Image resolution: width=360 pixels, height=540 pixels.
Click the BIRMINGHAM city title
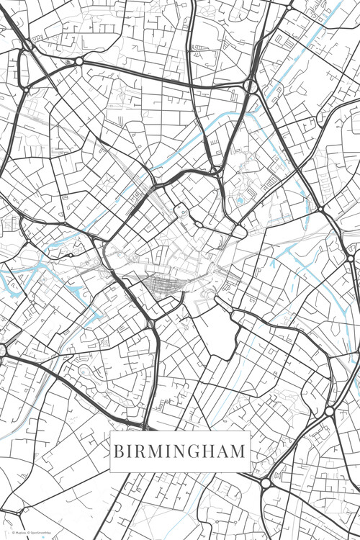click(x=179, y=452)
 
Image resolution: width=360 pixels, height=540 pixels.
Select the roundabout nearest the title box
click(x=266, y=482)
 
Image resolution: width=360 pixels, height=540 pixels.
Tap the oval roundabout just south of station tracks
click(x=151, y=324)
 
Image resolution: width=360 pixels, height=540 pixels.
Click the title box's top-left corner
click(x=110, y=431)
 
